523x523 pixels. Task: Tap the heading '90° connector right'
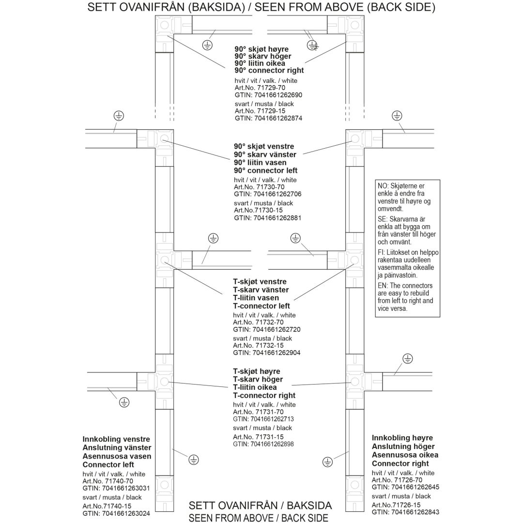pos(269,70)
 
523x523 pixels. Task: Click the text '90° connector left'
pos(265,171)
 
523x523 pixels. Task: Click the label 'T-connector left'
pos(261,306)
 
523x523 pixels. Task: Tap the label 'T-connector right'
pos(264,396)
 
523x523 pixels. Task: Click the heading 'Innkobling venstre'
pos(116,439)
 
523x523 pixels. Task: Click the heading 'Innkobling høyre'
pos(402,438)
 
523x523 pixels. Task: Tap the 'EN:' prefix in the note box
pos(383,286)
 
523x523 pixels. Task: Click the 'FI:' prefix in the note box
pos(381,252)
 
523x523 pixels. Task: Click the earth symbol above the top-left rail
pos(119,116)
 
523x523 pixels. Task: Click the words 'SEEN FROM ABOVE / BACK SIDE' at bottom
pos(259,518)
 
